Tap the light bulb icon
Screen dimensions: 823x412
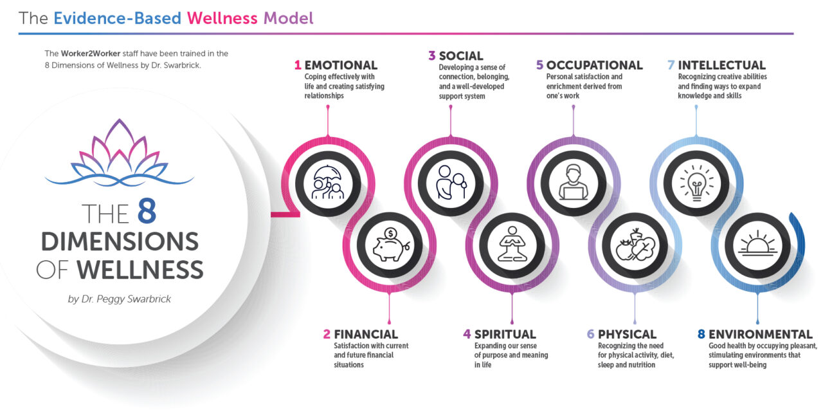(696, 183)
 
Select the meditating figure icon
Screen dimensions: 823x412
(512, 244)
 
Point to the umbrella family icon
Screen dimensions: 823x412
(328, 182)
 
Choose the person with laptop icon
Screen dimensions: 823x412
(573, 182)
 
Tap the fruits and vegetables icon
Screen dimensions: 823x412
(635, 245)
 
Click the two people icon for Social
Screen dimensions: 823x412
(451, 182)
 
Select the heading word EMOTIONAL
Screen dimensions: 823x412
(341, 65)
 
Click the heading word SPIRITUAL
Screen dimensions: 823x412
(505, 334)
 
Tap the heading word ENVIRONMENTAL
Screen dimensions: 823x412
(760, 334)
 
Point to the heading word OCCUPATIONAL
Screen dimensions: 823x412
(594, 65)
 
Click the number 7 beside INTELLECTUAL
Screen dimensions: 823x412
(671, 65)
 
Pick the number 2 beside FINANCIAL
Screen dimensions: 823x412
(327, 334)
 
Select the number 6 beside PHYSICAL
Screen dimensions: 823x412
(590, 334)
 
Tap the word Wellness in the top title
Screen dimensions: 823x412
(222, 18)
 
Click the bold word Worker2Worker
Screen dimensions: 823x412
(91, 53)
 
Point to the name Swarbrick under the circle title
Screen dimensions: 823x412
(149, 299)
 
